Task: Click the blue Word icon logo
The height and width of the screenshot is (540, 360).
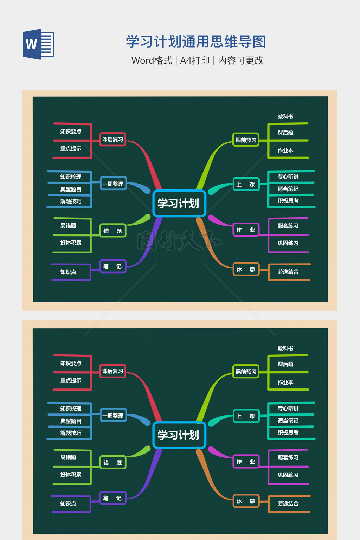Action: point(39,44)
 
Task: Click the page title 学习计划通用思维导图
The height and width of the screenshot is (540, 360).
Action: point(196,41)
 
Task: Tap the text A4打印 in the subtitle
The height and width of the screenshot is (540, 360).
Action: point(195,60)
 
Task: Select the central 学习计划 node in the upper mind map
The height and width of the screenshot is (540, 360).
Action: point(179,204)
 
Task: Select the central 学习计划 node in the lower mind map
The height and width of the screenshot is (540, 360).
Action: point(179,435)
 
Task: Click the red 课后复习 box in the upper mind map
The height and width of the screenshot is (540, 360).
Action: point(112,139)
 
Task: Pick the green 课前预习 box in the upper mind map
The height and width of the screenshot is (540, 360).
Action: point(246,140)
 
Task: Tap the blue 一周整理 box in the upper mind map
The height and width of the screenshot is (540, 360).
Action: point(113,184)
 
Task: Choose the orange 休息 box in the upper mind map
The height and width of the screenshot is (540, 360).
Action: point(246,269)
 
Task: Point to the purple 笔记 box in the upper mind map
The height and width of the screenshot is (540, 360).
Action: point(113,266)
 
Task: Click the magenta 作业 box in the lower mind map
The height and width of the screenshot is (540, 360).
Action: point(246,461)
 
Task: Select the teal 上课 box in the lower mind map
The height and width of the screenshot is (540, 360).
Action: point(246,416)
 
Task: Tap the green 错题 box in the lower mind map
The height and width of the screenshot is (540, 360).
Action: point(113,462)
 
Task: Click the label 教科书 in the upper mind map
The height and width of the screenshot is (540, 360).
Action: point(285,117)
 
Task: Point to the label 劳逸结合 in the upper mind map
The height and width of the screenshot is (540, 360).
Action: point(288,272)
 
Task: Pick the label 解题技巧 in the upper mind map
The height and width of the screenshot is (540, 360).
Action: point(71,201)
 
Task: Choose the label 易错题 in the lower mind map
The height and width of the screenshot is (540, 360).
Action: point(68,457)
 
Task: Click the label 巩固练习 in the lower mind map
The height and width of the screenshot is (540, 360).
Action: point(288,475)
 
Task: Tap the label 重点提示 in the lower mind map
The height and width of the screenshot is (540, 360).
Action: point(71,380)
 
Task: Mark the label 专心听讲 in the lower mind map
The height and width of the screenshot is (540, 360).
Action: point(288,408)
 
